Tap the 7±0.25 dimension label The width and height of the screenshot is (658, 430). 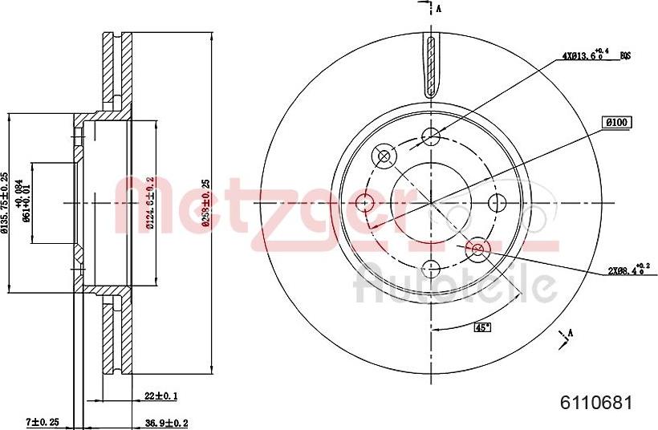click(43, 422)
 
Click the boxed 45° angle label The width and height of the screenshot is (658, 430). click(482, 327)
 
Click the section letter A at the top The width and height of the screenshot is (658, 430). click(438, 9)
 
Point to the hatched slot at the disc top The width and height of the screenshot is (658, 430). click(432, 68)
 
